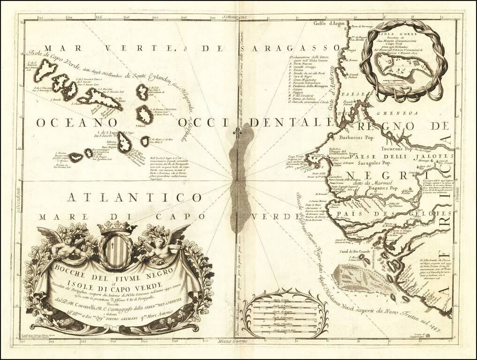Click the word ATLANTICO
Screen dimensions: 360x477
(x=134, y=197)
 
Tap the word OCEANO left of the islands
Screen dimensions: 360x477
(x=70, y=122)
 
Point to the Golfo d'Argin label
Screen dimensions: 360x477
(x=329, y=24)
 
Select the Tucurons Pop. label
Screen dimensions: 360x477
(x=392, y=147)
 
